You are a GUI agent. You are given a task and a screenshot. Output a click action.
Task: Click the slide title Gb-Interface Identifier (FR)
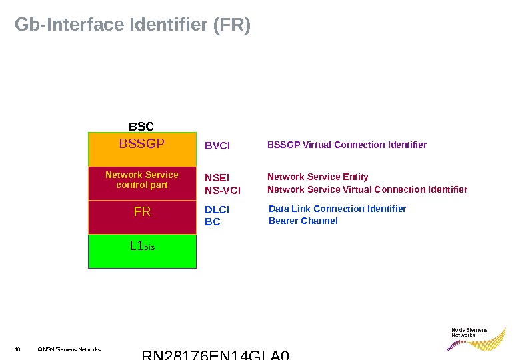(133, 25)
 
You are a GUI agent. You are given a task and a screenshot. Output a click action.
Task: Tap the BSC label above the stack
(141, 126)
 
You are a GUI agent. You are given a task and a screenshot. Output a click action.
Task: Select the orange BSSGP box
(142, 149)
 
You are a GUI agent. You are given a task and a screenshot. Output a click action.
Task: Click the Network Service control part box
(142, 183)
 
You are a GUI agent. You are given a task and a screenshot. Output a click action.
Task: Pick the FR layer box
(142, 217)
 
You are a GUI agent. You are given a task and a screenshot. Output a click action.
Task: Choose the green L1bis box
(142, 251)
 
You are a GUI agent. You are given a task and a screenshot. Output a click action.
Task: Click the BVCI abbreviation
(217, 145)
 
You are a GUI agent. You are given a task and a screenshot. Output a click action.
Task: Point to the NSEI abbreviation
(217, 178)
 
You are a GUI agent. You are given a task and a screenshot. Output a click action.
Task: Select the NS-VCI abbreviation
(223, 191)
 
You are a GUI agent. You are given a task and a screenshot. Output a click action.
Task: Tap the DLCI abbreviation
(217, 209)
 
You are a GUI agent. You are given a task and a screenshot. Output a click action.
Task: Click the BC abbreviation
(212, 221)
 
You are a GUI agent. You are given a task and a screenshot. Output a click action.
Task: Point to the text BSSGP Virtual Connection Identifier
(347, 145)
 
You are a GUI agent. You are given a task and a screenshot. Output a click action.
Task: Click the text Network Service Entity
(318, 177)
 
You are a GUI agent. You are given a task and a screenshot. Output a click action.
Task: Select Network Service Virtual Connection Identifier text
(367, 189)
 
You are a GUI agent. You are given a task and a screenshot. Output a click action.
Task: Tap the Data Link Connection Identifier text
(337, 209)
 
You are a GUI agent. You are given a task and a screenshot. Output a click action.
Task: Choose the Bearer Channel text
(303, 221)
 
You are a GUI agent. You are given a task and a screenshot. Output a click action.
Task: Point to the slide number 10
(17, 349)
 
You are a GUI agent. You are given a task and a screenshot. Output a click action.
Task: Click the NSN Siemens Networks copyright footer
(69, 349)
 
